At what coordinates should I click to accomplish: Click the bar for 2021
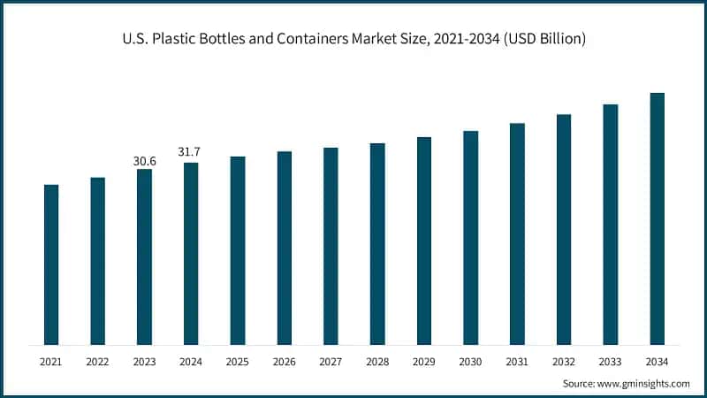tap(51, 264)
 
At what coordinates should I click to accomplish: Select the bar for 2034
tap(657, 218)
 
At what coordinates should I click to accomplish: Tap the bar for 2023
tap(144, 256)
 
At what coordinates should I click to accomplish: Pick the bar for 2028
tap(377, 243)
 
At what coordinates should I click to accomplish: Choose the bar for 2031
tap(517, 233)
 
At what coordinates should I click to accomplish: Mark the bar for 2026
tap(284, 248)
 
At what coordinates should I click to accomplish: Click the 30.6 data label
tap(144, 160)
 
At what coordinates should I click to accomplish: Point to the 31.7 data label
tap(191, 152)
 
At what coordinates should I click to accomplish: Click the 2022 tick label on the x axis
tap(97, 361)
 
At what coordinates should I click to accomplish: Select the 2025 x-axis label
tap(238, 361)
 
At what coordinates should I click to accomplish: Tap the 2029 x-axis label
tap(423, 361)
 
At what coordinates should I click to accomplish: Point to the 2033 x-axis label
tap(610, 361)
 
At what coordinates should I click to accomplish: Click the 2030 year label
tap(470, 361)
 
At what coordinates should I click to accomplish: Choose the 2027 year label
tap(331, 361)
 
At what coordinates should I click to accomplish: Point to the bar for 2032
tap(564, 229)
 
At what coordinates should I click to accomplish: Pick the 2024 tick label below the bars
tap(191, 361)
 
